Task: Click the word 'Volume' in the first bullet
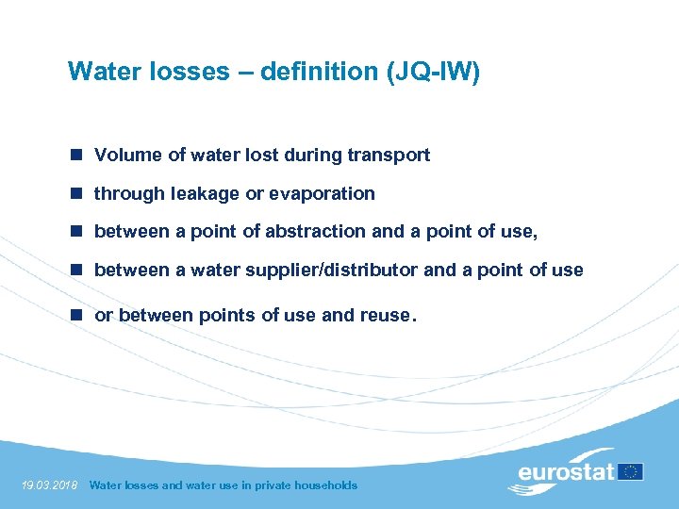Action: coord(127,156)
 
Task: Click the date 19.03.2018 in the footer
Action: coord(48,485)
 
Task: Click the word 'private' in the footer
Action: coord(262,485)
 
